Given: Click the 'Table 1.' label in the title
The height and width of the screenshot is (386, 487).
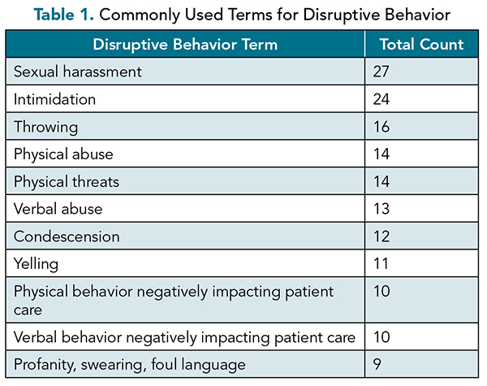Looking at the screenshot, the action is tap(63, 15).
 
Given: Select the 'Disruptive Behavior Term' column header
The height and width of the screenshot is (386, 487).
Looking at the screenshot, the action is tap(185, 45).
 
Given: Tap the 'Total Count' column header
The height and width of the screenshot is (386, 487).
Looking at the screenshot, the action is tap(421, 44).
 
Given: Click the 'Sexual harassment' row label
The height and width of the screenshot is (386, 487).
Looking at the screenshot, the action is tap(78, 72).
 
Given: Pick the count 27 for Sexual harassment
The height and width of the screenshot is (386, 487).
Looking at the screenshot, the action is tap(381, 72).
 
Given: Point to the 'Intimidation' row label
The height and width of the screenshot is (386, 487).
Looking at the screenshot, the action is tap(54, 99).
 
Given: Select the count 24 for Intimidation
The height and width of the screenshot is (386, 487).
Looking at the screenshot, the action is tap(381, 99).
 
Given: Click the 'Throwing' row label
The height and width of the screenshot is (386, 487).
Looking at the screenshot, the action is tap(46, 128).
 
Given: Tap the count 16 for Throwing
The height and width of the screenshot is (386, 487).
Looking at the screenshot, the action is tap(381, 127).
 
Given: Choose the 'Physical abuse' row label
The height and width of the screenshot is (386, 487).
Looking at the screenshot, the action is tap(63, 154).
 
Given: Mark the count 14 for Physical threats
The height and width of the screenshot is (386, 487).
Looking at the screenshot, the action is tap(381, 181).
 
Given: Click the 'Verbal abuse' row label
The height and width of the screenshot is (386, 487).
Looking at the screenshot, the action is tap(58, 209).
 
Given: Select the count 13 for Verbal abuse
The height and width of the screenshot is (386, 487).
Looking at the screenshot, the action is tap(381, 209).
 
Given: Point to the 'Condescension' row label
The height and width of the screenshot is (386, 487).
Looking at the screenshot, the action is tap(67, 236).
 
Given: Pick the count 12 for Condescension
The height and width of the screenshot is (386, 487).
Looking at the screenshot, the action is tap(381, 236).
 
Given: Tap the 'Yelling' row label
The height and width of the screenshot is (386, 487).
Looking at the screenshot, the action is tap(36, 264).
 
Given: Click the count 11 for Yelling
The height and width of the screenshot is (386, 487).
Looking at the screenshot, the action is tap(381, 264).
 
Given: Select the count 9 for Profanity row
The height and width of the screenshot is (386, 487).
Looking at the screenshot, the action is tap(377, 364).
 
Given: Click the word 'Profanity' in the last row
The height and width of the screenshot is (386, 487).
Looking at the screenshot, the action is tap(45, 365).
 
